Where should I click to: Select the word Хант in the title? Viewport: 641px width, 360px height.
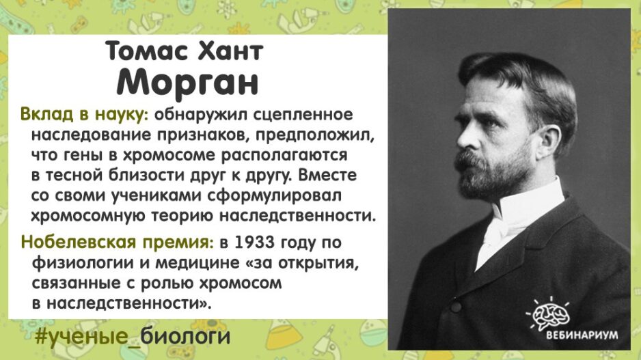tap(230, 51)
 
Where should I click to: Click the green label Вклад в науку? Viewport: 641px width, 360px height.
tap(84, 115)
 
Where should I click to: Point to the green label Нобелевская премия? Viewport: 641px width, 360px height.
tap(117, 242)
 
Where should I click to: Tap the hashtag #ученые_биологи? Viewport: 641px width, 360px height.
tap(133, 336)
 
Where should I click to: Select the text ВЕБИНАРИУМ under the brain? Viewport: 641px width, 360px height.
tap(582, 335)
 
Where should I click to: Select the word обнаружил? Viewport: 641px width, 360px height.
tap(201, 115)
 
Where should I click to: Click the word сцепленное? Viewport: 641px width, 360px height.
tap(303, 115)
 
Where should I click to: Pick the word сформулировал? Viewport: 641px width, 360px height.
tap(274, 196)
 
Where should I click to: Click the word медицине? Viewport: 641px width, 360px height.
tap(197, 262)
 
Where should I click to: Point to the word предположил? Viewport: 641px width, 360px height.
tap(315, 135)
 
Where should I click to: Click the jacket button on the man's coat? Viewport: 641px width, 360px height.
tap(455, 305)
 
